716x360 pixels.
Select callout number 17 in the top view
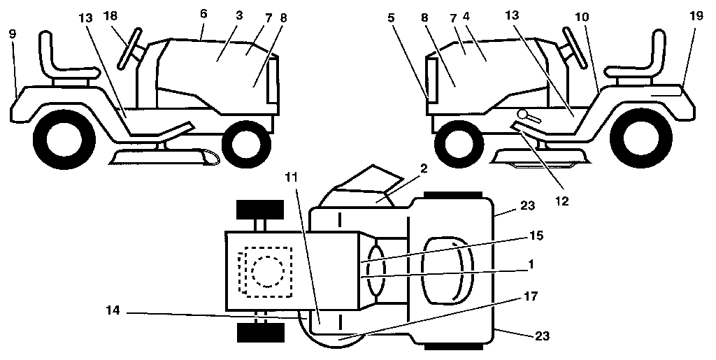pyautogui.click(x=531, y=296)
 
